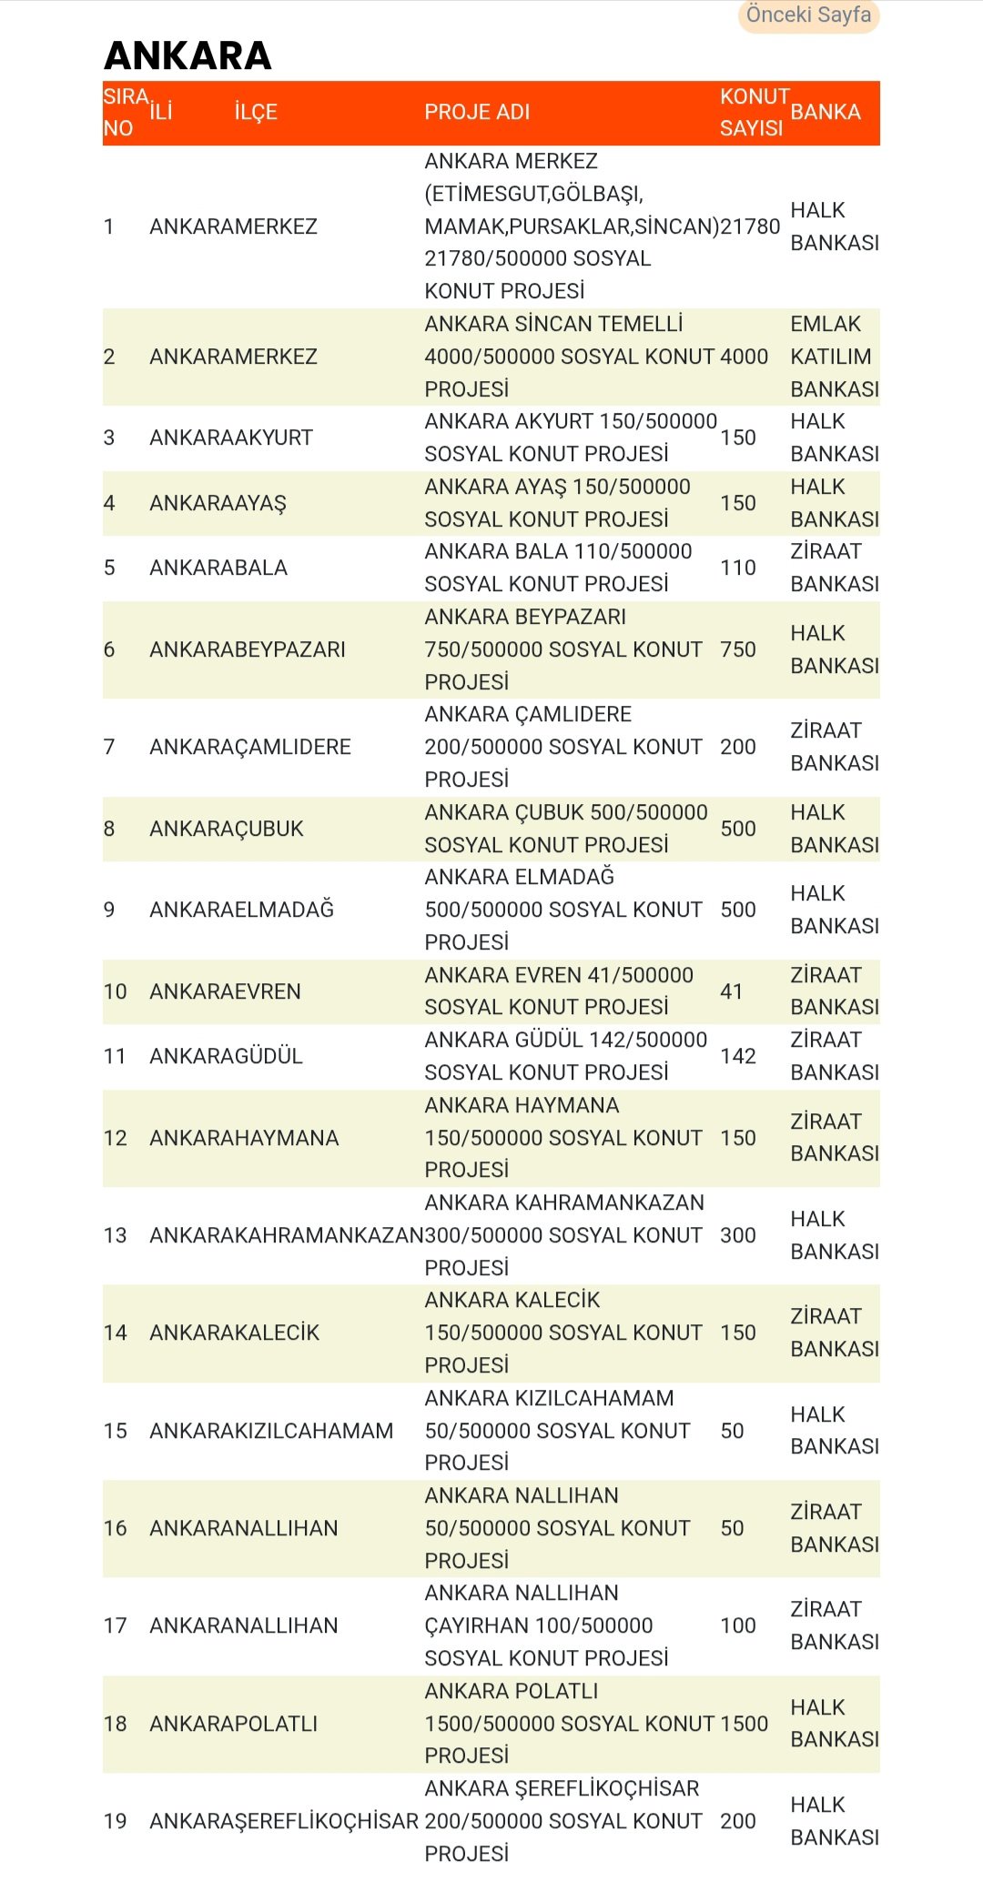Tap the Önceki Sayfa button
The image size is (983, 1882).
click(808, 15)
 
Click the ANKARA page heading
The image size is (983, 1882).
click(187, 55)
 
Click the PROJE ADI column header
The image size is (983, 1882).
click(477, 112)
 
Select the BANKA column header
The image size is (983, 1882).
click(826, 112)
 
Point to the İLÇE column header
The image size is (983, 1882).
click(256, 112)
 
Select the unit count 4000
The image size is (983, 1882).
click(745, 357)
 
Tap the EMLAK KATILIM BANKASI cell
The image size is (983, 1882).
click(834, 357)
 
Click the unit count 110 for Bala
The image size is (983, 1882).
click(738, 568)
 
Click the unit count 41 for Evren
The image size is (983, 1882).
click(732, 991)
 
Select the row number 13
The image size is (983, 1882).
click(116, 1235)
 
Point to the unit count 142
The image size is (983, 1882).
click(738, 1056)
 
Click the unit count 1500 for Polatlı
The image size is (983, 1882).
click(745, 1724)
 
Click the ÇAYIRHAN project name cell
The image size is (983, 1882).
click(546, 1625)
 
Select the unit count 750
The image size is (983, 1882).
click(738, 649)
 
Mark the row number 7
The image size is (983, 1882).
click(109, 747)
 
